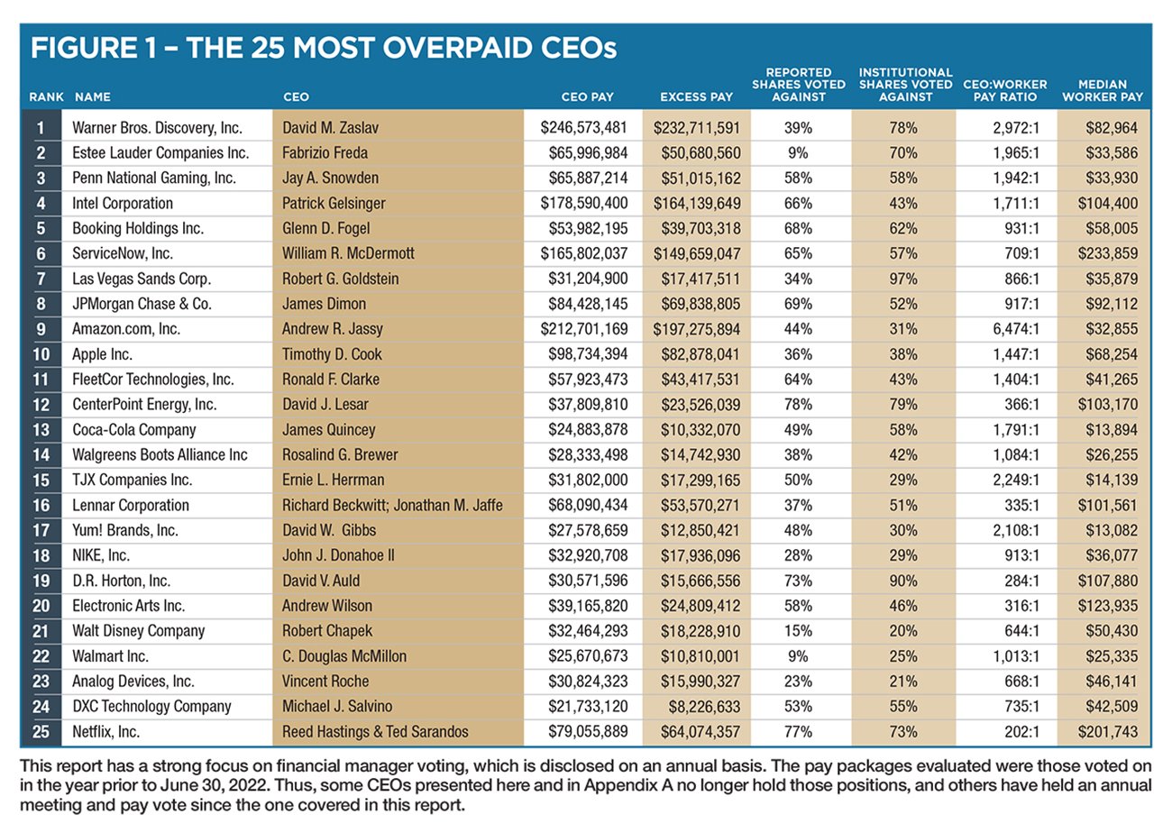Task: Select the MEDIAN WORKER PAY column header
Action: point(1109,90)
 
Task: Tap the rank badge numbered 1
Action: point(41,127)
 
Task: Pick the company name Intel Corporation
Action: point(123,203)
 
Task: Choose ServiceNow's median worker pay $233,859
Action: point(1109,253)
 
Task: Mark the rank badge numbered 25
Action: point(41,732)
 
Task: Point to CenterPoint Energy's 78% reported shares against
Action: point(798,405)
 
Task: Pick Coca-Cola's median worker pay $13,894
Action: point(1113,430)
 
